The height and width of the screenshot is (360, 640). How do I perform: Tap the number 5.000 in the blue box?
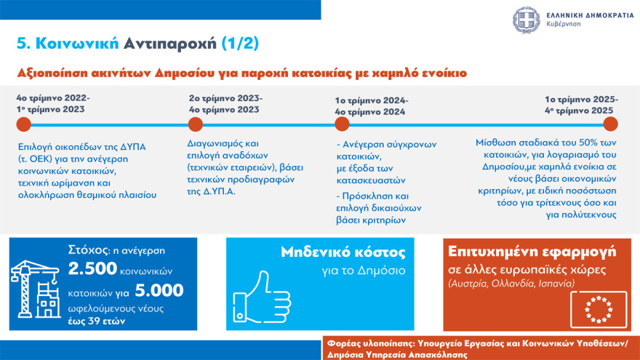tap(159, 290)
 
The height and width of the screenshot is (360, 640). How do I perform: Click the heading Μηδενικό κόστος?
tap(343, 252)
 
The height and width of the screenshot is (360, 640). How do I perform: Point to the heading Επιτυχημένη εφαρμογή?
tap(532, 252)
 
